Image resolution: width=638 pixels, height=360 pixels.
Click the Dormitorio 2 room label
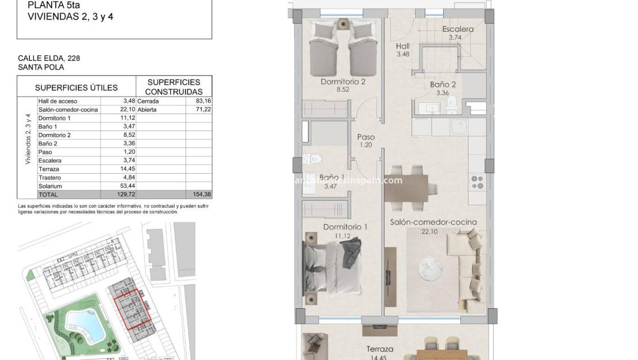pyautogui.click(x=343, y=82)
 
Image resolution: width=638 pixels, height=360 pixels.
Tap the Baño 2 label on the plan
pyautogui.click(x=443, y=85)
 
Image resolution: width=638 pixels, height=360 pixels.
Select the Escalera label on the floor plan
pyautogui.click(x=458, y=29)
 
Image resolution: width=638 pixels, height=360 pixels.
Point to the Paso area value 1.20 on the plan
pyautogui.click(x=366, y=145)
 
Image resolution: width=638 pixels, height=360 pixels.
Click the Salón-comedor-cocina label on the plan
pyautogui.click(x=433, y=222)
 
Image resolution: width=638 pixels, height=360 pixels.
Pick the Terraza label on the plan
pyautogui.click(x=381, y=349)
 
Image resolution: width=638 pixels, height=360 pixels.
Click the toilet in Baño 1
pyautogui.click(x=314, y=158)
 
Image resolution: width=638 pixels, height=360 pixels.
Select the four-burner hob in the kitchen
pyautogui.click(x=478, y=182)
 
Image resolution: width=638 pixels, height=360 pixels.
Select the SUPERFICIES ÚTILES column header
pyautogui.click(x=76, y=87)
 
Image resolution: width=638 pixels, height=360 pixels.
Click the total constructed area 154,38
pyautogui.click(x=201, y=195)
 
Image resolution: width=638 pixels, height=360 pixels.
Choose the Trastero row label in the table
pyautogui.click(x=50, y=178)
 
